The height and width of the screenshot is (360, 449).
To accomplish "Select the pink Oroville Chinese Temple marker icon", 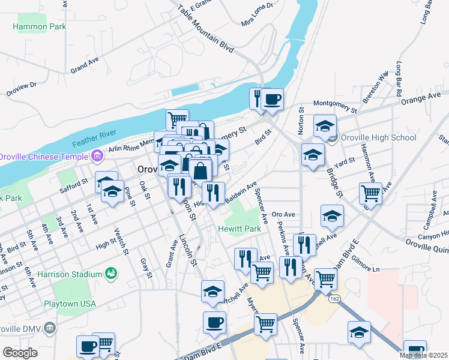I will coord(95,157).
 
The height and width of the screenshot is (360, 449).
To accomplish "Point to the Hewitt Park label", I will coord(240,229).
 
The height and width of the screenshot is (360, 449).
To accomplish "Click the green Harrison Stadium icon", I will coord(110,274).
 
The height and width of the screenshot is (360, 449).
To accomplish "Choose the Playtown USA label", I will coord(70,304).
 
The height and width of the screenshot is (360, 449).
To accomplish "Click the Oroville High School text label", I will coord(378,137).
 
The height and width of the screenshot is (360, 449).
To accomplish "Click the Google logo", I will coord(20,353).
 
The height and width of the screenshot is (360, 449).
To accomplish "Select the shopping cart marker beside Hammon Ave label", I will coord(370,193).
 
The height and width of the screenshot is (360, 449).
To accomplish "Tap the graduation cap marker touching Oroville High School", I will coord(325,127).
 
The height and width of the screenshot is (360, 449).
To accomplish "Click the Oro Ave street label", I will coord(283,214).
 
